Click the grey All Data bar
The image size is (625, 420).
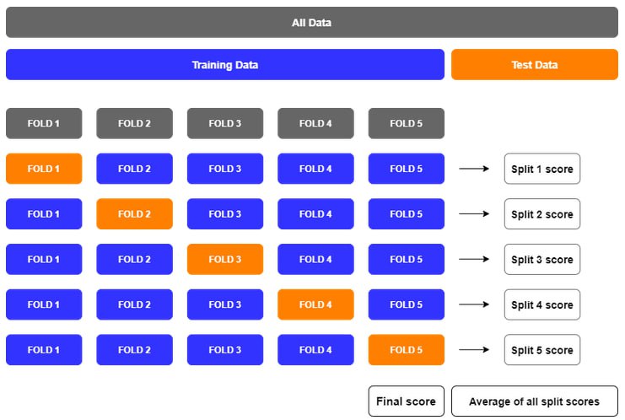pos(312,22)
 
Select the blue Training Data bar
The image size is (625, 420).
pos(225,65)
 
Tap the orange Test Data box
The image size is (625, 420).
pos(535,65)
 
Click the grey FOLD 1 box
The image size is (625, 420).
pos(44,123)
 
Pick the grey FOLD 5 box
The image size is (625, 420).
pos(407,123)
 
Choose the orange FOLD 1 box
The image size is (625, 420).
pos(44,169)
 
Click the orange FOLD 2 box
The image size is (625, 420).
pos(134,214)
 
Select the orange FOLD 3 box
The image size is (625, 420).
pos(225,259)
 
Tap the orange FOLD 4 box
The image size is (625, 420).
pos(315,304)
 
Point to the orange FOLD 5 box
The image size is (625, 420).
pos(407,349)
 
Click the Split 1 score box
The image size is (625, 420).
pos(542,169)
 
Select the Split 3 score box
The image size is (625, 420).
pos(542,259)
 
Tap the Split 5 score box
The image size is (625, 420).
pos(542,349)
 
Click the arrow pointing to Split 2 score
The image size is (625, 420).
pos(474,214)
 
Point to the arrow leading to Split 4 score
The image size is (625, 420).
pos(474,304)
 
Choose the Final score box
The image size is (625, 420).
pos(407,401)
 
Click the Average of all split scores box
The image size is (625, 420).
pos(535,401)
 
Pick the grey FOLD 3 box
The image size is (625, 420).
pos(225,123)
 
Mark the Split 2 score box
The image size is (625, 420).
pos(542,214)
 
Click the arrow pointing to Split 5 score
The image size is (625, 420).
pos(474,349)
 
